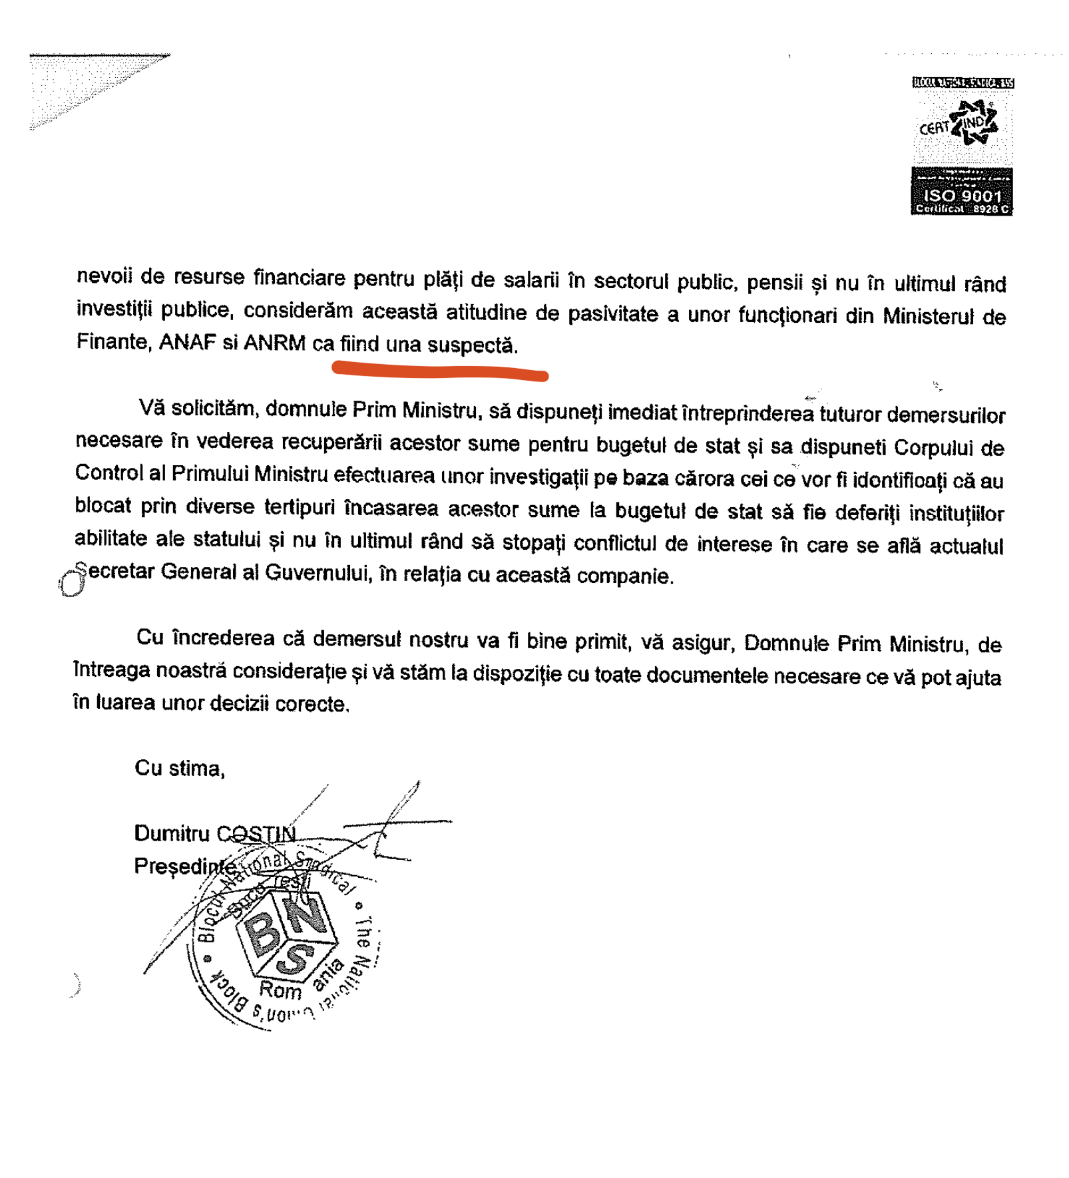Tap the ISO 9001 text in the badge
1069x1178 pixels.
(962, 196)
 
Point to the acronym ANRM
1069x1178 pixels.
(274, 343)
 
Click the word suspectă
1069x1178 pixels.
(471, 345)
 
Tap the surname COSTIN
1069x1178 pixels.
(256, 833)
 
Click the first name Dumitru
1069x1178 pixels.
(172, 833)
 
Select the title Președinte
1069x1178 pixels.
(185, 866)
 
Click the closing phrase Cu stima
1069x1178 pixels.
(180, 768)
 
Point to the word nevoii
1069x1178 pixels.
(105, 276)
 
